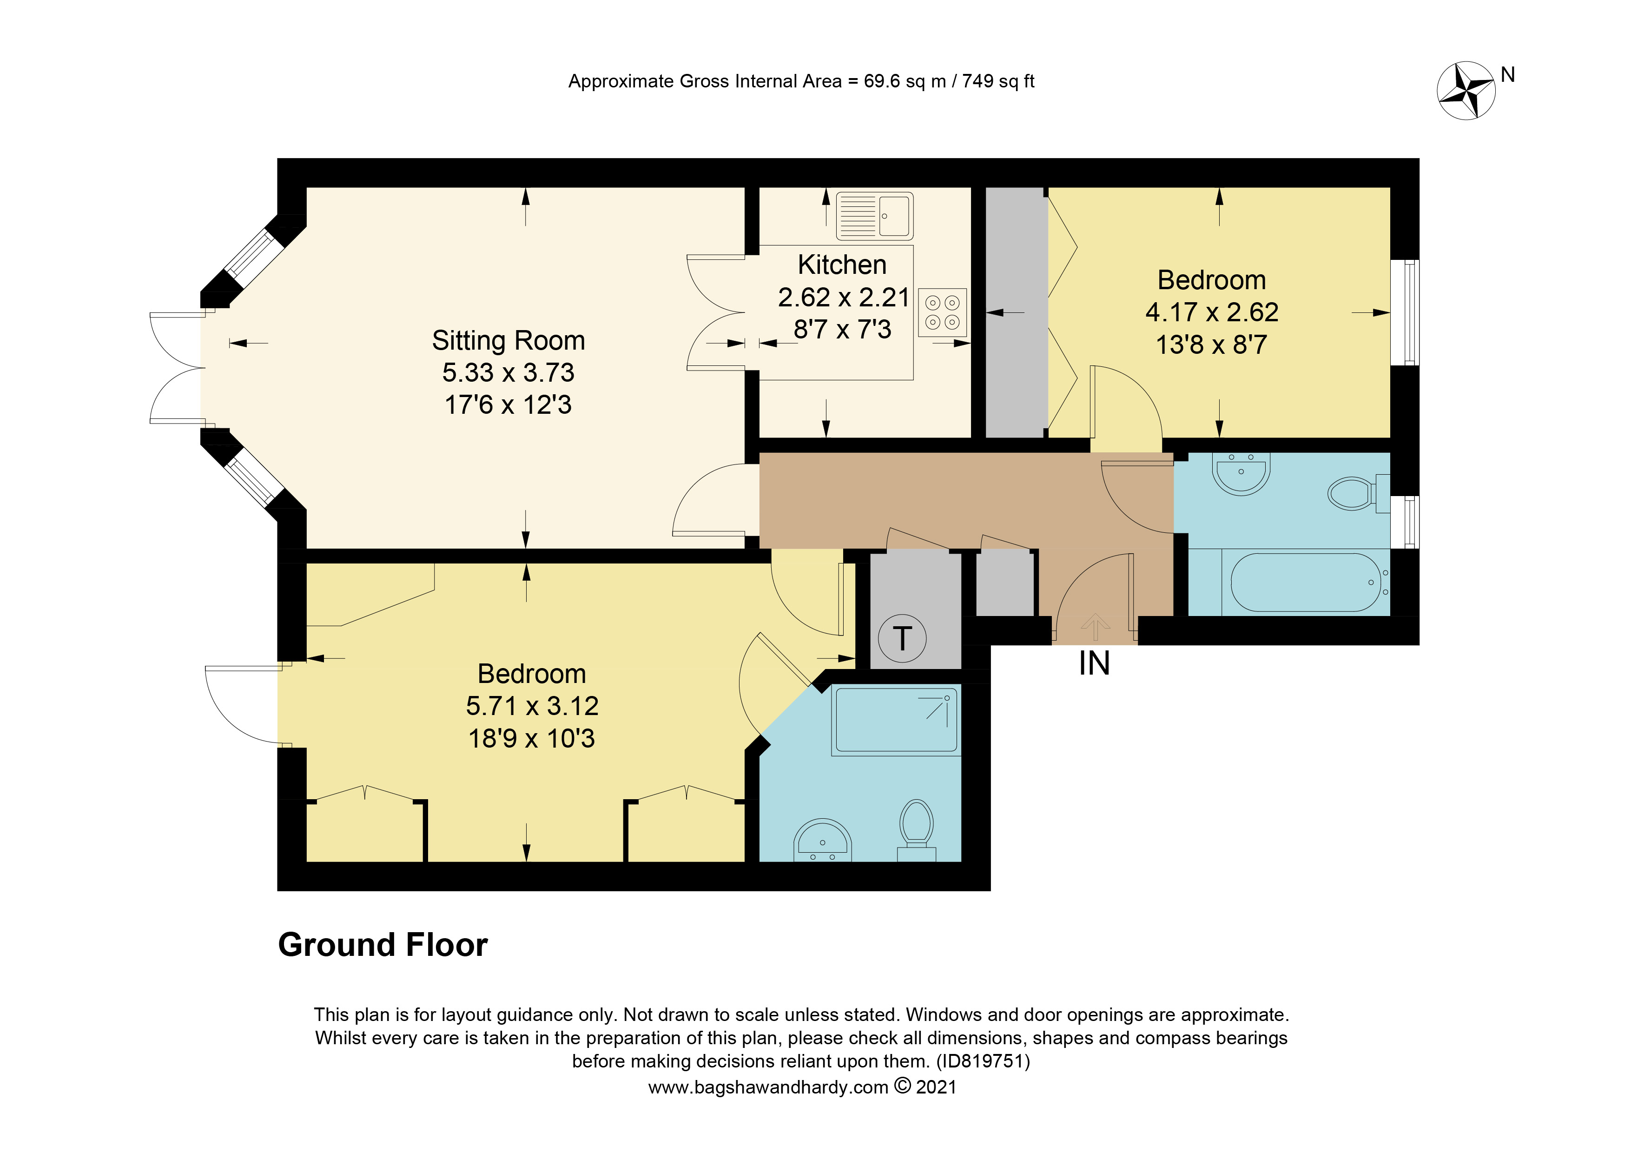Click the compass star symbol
[1466, 91]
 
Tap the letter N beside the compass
[1507, 74]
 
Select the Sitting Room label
[508, 340]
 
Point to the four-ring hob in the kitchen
[942, 312]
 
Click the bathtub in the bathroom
[1305, 583]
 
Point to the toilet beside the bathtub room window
[1352, 493]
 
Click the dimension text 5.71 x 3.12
[532, 706]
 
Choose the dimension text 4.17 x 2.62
[1211, 312]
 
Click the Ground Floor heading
[383, 945]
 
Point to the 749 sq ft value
[997, 81]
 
